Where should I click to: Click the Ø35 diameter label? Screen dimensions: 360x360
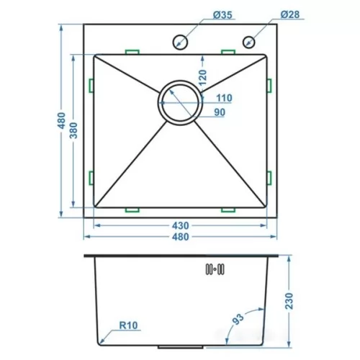coord(222,15)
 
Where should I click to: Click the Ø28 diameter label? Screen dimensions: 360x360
coord(290,14)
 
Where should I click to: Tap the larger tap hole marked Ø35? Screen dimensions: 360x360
coord(180,42)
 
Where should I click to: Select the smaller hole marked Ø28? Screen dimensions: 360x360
coord(248,42)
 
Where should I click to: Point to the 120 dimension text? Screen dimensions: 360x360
coord(203,77)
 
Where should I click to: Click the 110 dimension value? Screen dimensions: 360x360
coord(224,98)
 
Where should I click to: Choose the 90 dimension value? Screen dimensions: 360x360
coord(220,112)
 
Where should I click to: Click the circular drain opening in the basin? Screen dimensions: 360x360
coord(180,103)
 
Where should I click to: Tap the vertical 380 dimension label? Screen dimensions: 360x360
coord(73,130)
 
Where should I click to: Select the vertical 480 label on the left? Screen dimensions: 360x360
coord(62,120)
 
